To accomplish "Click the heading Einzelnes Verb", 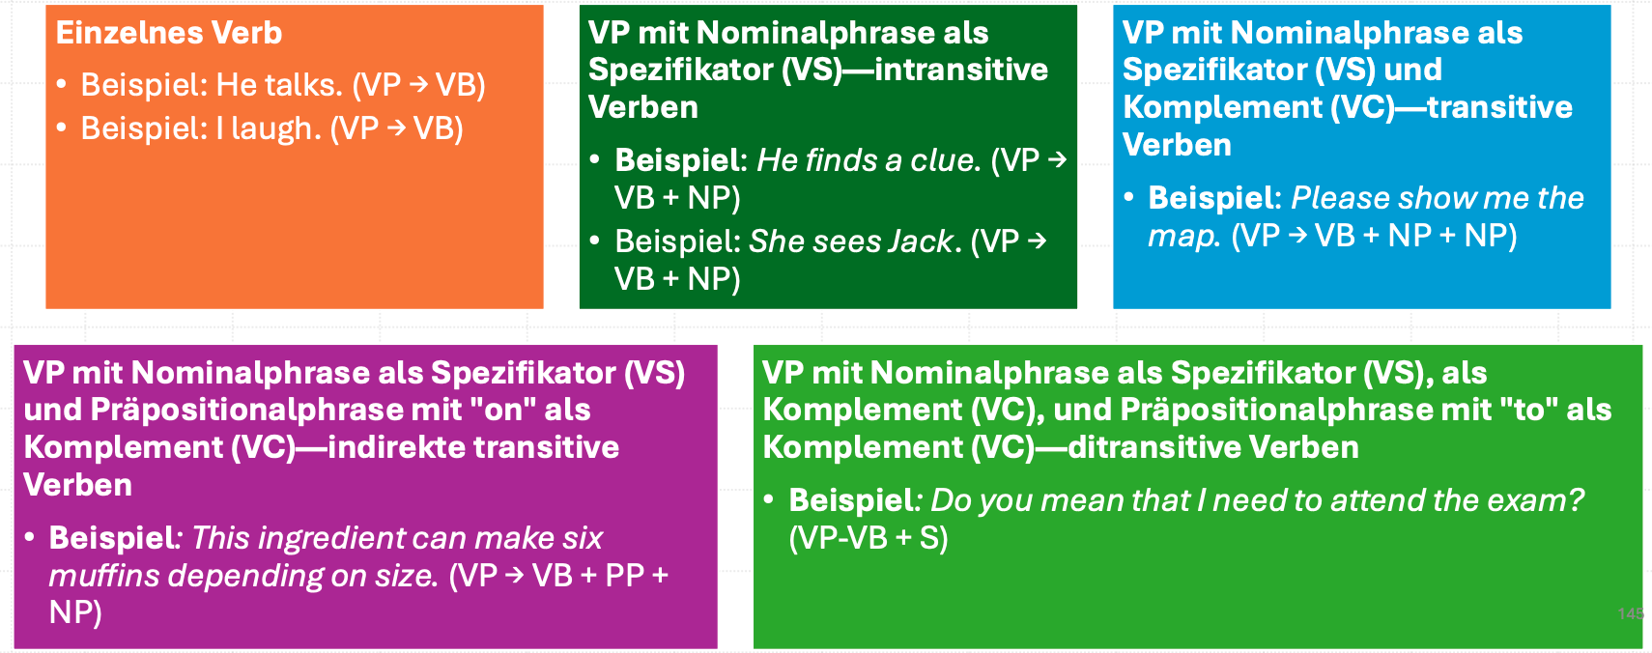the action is coord(169,33).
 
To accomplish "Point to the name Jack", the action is coord(925,241).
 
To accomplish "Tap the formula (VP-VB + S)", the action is coord(869,539).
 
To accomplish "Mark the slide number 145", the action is coord(1631,613).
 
